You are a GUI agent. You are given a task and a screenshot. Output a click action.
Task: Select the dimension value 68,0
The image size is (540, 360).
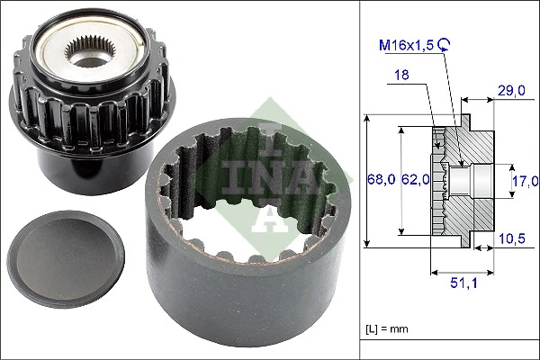379,179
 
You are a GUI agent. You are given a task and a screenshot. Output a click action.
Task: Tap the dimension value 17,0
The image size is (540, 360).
524,179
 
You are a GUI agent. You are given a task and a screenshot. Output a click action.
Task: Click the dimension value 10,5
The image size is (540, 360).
512,238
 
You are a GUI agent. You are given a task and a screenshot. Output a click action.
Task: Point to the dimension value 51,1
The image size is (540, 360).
463,283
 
